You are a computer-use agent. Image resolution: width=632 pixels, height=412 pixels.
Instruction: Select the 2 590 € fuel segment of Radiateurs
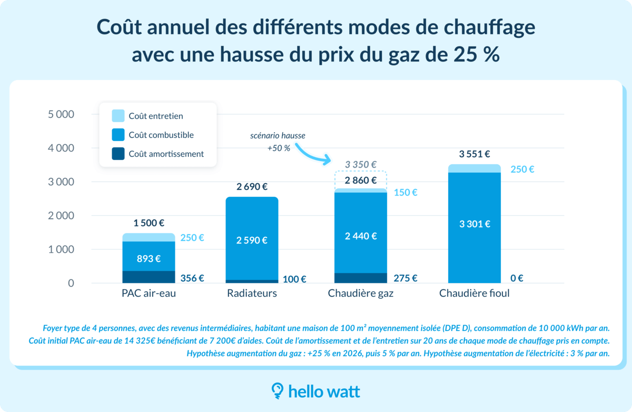click(x=252, y=240)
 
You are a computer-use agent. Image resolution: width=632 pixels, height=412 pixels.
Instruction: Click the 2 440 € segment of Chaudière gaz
click(x=361, y=236)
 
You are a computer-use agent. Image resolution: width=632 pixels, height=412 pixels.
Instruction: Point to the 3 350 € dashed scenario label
click(x=361, y=164)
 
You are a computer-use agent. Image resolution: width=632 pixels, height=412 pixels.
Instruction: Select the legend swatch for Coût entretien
click(x=118, y=116)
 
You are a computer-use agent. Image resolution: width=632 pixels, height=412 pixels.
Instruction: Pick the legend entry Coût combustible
click(x=161, y=135)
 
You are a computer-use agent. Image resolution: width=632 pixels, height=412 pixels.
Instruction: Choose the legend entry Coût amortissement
click(x=166, y=154)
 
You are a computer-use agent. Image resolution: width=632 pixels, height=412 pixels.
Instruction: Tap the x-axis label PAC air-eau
click(x=149, y=294)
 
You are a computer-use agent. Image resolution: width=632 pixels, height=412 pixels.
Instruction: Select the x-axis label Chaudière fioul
click(x=474, y=294)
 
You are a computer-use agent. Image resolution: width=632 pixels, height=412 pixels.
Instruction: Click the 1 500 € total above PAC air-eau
click(x=149, y=223)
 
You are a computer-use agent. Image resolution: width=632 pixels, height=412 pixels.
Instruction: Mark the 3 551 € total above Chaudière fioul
click(x=475, y=154)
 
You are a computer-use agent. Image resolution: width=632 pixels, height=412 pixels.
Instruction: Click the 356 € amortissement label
click(x=192, y=278)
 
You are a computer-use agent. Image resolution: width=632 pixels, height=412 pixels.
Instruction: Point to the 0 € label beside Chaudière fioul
click(x=516, y=278)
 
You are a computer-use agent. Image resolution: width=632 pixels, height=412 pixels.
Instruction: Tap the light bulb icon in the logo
click(x=277, y=390)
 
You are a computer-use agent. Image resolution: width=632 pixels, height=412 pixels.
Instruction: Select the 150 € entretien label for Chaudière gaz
click(x=406, y=193)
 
